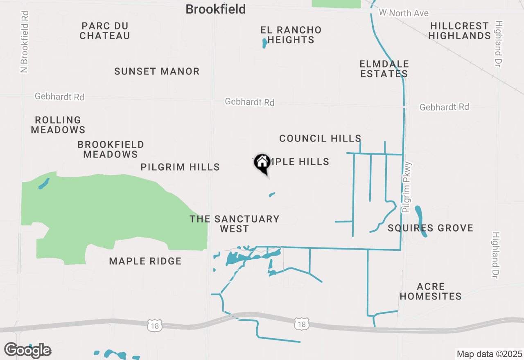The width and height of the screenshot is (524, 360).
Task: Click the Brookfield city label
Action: [216, 9]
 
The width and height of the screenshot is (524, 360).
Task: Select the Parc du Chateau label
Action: [105, 31]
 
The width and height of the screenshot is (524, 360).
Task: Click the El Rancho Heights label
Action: [291, 35]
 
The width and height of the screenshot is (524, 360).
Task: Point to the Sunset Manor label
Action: [157, 71]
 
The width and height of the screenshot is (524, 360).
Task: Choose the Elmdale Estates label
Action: [384, 69]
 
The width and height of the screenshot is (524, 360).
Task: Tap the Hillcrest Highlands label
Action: [459, 31]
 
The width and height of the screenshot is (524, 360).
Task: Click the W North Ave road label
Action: [404, 13]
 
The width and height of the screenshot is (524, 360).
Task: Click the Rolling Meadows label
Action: [58, 125]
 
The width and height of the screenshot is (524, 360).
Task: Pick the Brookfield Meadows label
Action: [111, 149]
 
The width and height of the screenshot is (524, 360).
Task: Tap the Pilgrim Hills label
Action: [180, 167]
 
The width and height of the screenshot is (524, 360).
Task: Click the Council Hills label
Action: [320, 138]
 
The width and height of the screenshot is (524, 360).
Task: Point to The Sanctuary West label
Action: [235, 224]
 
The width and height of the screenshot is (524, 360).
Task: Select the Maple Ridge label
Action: [145, 261]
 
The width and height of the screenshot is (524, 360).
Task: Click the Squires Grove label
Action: [430, 228]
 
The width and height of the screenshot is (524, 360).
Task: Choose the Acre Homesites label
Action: [431, 291]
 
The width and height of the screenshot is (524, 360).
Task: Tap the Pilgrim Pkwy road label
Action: [407, 187]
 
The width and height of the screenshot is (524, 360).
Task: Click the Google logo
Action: [28, 351]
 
